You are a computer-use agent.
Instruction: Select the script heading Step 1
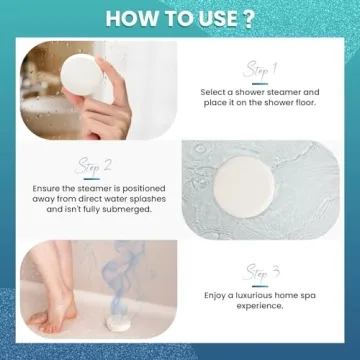pos(260,70)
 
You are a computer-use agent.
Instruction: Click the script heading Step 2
pos(93,167)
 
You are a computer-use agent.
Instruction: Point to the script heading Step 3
pos(261,273)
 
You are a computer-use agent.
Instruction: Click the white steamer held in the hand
pos(82,75)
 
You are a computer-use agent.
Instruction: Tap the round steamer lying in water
pos(244,187)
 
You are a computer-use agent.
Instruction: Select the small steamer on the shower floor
pos(118,323)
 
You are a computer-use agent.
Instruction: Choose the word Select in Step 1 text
pos(216,92)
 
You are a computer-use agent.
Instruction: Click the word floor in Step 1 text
pos(303,103)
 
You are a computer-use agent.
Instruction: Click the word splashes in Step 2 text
pos(148,199)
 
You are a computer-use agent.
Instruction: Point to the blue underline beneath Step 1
pos(260,84)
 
